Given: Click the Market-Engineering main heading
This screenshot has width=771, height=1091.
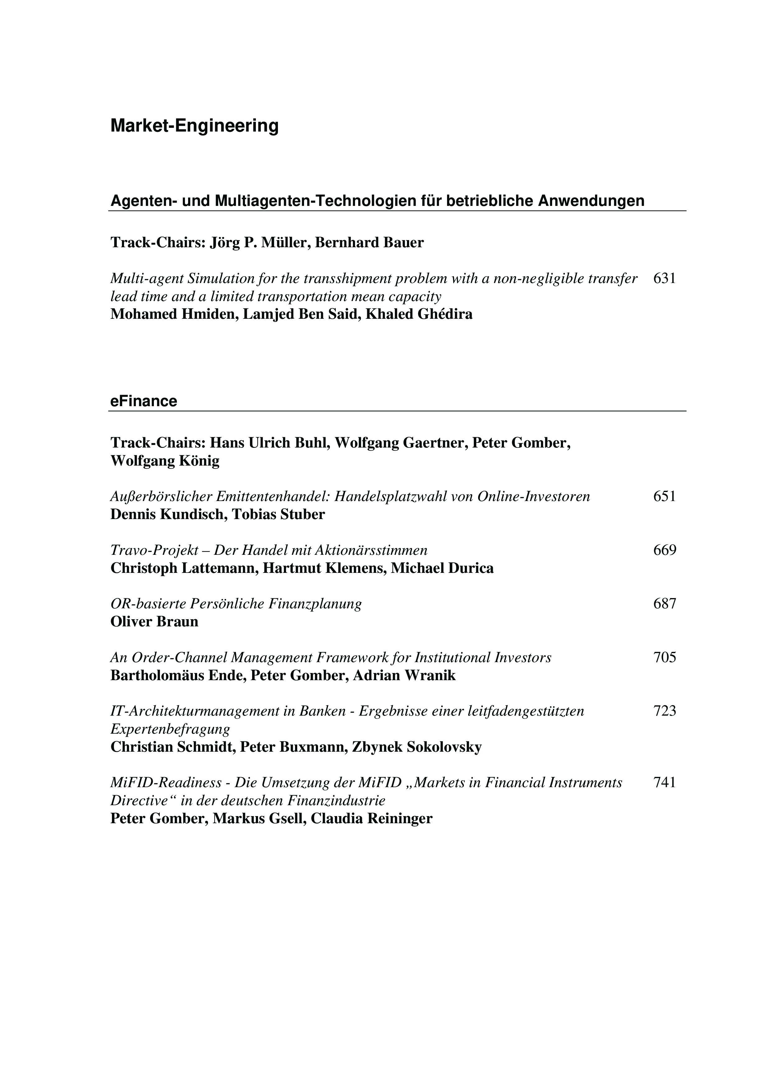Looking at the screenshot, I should tap(194, 126).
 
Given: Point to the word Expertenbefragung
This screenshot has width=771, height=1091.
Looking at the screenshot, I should tap(170, 729).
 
